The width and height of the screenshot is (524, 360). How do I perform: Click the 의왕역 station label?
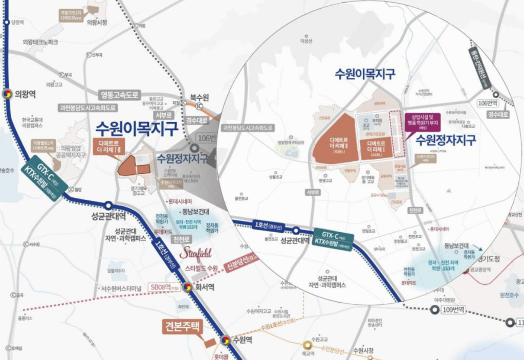tap(25, 94)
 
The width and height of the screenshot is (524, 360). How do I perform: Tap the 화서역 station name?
tap(204, 287)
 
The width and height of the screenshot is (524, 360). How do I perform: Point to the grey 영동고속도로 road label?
tap(119, 95)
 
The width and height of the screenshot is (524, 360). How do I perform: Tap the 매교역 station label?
tap(307, 354)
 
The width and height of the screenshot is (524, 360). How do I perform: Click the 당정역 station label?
tap(17, 22)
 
